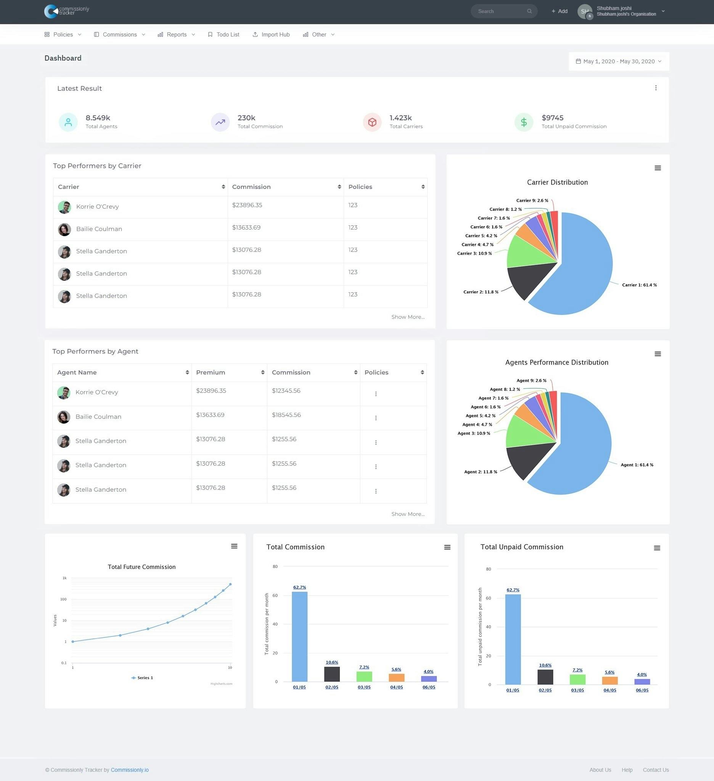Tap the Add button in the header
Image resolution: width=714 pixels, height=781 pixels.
click(x=560, y=11)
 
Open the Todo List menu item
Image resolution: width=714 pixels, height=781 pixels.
click(x=224, y=34)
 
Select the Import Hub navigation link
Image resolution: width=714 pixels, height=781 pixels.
click(x=271, y=34)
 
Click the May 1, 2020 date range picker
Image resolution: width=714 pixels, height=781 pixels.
click(x=618, y=61)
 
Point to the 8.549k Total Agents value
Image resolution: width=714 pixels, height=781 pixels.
click(x=98, y=118)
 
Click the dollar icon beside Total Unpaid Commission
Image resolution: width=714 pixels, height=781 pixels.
click(x=524, y=122)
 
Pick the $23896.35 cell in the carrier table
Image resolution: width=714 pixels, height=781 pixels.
click(x=247, y=205)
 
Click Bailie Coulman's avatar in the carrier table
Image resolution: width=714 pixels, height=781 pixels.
click(x=64, y=229)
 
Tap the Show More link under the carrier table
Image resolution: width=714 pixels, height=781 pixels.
click(x=408, y=317)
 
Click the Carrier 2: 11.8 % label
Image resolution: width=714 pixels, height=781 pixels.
click(x=481, y=292)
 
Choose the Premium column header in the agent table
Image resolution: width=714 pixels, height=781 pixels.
click(x=211, y=372)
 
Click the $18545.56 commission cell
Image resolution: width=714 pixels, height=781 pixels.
click(x=286, y=415)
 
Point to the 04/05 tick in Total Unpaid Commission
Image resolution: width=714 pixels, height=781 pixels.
click(x=609, y=690)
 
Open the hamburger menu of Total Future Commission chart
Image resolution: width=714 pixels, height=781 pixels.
click(x=234, y=546)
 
